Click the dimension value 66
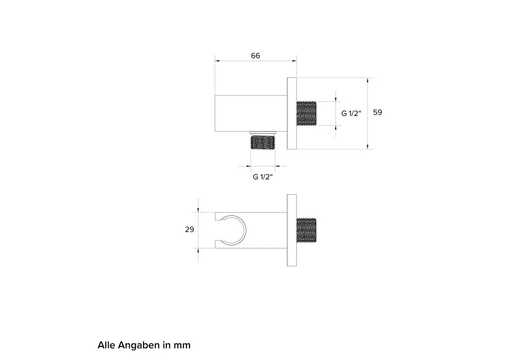tap(255, 56)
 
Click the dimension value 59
tap(378, 112)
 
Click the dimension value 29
tap(190, 229)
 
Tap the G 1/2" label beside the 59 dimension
tap(351, 113)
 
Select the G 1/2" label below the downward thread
tap(263, 177)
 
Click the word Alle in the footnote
tap(106, 345)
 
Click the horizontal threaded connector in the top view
tap(307, 113)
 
